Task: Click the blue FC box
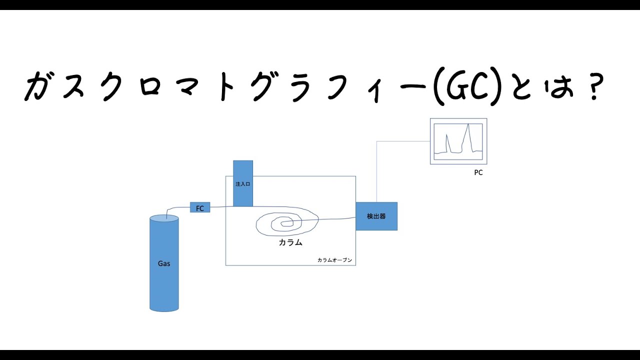click(x=200, y=207)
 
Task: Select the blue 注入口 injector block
click(x=243, y=183)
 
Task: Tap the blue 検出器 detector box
click(x=376, y=216)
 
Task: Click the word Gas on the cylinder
click(x=164, y=263)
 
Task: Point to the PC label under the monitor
click(x=478, y=173)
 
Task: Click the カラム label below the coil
click(x=290, y=242)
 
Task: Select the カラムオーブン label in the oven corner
click(x=335, y=260)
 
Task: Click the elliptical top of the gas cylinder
click(x=164, y=218)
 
